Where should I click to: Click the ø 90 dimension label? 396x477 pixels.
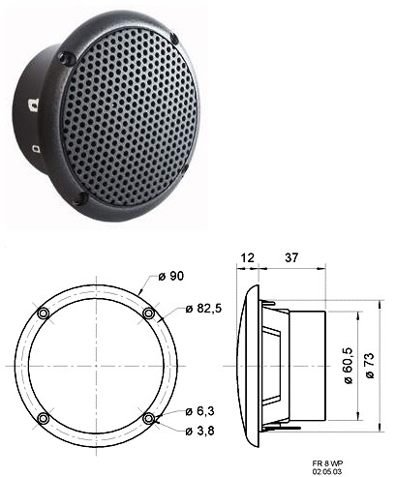[171, 276]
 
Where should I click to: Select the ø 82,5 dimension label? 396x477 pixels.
[204, 309]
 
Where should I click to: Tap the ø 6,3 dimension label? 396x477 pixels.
[200, 411]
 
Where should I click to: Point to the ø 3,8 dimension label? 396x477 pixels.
[200, 431]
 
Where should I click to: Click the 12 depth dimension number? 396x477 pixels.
[248, 257]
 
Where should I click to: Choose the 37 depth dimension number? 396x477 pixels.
[291, 257]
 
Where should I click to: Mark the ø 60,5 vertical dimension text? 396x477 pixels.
[349, 366]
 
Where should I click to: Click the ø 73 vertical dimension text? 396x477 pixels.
[370, 366]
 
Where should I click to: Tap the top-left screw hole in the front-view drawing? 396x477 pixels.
[44, 313]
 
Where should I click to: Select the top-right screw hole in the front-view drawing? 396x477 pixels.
[148, 313]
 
